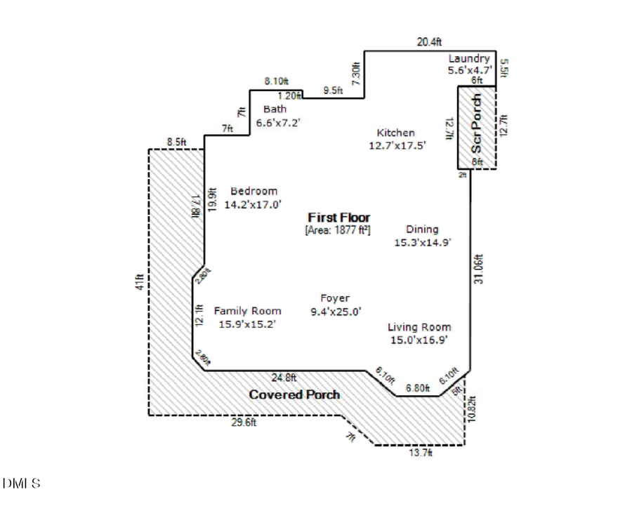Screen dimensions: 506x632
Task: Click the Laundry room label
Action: coord(469,59)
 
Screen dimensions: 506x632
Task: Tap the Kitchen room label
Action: coord(396,133)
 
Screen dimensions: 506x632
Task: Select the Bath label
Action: coord(275,109)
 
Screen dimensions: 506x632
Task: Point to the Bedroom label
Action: coord(254,191)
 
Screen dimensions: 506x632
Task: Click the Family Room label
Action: coord(247,311)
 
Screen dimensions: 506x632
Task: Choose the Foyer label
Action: coord(335,298)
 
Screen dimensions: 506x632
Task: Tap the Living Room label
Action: coord(419,327)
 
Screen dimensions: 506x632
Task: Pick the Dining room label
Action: coord(422,229)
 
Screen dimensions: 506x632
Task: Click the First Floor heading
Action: coord(338,218)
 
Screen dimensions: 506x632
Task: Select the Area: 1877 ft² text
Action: coord(338,229)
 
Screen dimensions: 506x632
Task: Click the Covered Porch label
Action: coord(294,394)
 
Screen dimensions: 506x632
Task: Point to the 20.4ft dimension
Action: coord(429,42)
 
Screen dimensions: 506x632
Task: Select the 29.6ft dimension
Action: coord(244,422)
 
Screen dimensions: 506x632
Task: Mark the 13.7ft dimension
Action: coord(420,453)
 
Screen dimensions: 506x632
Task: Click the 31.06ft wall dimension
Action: coord(479,269)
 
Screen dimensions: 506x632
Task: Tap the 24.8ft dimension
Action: coord(285,377)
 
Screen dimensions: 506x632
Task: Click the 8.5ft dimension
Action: coord(176,142)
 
